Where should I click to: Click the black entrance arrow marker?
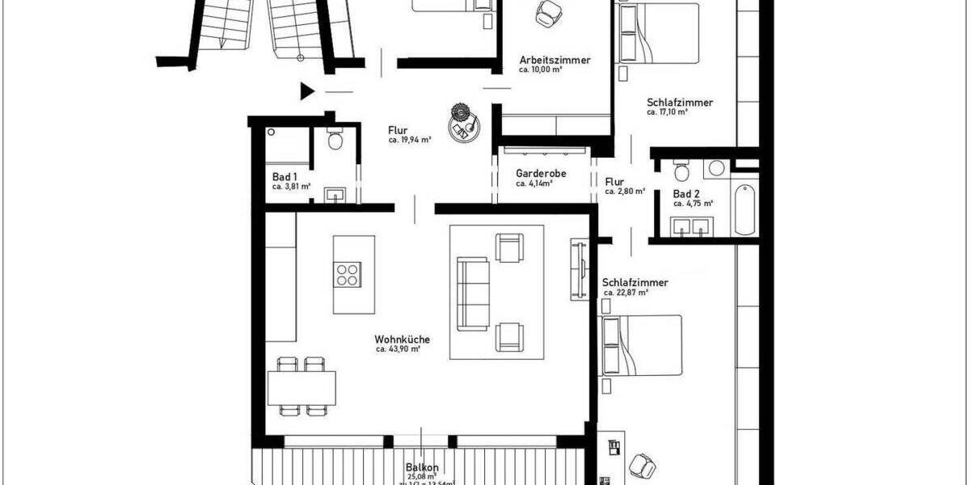tap(307, 91)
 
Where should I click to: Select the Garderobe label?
tap(540, 173)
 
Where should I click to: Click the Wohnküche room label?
tap(402, 339)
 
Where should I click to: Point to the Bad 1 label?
tap(285, 176)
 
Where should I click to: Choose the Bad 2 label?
tap(686, 194)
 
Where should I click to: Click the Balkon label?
tap(422, 467)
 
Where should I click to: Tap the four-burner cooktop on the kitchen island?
tap(347, 275)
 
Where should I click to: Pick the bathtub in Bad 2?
tap(744, 208)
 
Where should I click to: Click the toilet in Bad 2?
tap(681, 171)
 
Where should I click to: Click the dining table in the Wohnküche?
tap(301, 387)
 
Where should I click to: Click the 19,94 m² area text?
tap(409, 140)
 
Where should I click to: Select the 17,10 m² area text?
tap(667, 112)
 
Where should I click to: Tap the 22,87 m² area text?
tap(625, 293)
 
